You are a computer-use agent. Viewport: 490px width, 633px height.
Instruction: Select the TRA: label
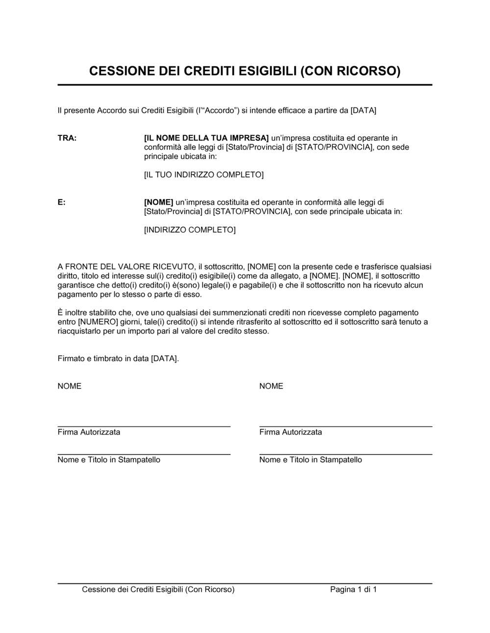tap(67, 138)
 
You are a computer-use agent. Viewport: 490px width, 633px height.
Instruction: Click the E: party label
tap(62, 202)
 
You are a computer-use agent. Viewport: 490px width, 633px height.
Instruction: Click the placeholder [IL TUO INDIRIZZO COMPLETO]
tap(204, 175)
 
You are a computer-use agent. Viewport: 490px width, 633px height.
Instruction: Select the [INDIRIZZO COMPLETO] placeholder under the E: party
tap(190, 230)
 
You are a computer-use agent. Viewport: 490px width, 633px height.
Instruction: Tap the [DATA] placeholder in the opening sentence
tap(363, 110)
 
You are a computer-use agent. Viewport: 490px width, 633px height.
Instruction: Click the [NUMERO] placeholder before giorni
tap(98, 322)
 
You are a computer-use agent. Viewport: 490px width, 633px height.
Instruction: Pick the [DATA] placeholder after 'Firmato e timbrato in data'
tap(164, 359)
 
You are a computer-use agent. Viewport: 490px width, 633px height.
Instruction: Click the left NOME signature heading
tap(70, 386)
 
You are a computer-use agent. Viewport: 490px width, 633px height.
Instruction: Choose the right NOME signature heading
tap(271, 386)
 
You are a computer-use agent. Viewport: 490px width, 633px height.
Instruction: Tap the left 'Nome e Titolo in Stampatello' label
tap(109, 460)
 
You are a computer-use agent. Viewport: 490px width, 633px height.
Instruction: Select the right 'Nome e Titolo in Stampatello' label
tap(311, 460)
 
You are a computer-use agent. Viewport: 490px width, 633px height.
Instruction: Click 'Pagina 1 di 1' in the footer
tap(353, 590)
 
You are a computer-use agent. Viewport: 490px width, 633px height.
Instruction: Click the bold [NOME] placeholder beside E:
tap(159, 202)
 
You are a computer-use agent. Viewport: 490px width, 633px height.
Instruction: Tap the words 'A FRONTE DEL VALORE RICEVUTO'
tap(126, 267)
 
